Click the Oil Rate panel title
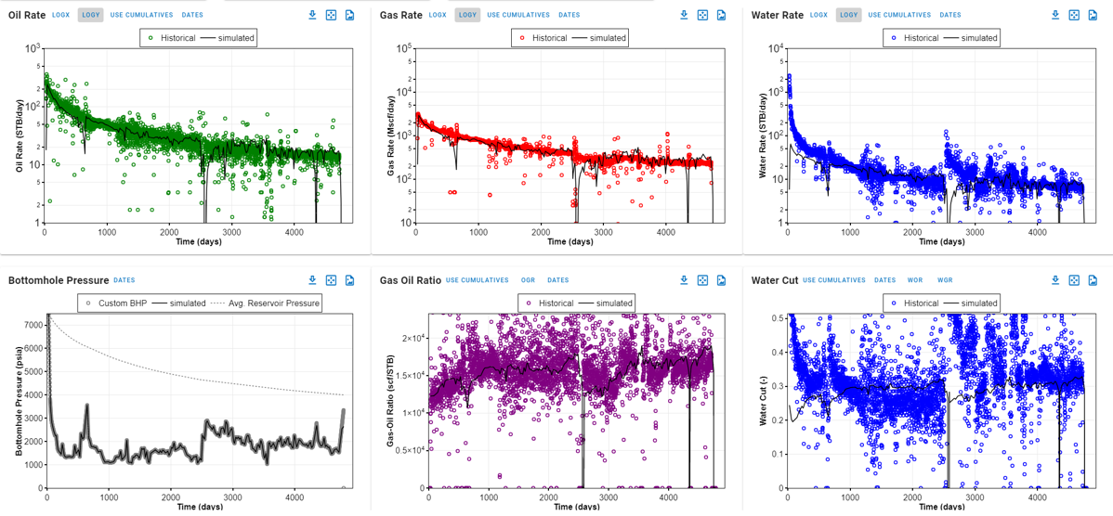(x=27, y=15)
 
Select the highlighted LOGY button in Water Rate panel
(x=848, y=15)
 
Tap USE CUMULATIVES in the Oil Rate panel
(x=141, y=15)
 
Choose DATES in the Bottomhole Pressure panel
(x=124, y=280)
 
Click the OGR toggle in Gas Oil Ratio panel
(x=528, y=280)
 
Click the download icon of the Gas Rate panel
(x=684, y=15)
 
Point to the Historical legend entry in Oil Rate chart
(x=172, y=38)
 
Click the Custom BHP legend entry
(x=121, y=303)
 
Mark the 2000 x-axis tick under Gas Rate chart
(x=541, y=232)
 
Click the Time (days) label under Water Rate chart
(x=941, y=242)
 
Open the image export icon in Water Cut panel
(x=1093, y=280)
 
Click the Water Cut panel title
(x=774, y=280)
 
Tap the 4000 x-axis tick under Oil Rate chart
(x=294, y=232)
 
